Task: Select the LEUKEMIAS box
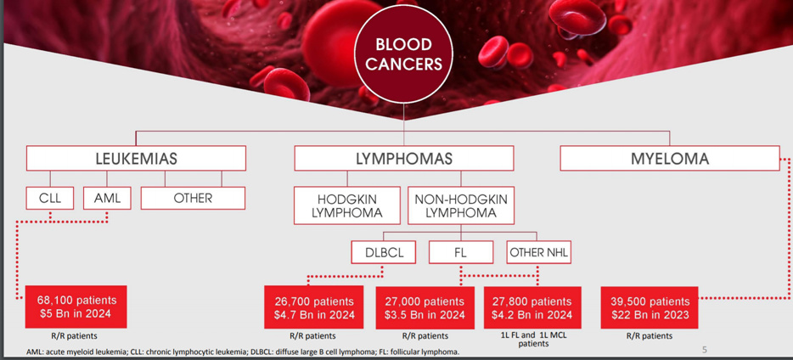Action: click(x=136, y=158)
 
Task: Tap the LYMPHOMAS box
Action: click(x=404, y=158)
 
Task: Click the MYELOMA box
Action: click(x=670, y=158)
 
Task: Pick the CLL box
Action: click(x=50, y=198)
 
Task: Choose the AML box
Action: click(x=107, y=198)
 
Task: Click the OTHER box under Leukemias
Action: click(x=193, y=198)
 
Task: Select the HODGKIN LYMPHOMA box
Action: click(x=347, y=205)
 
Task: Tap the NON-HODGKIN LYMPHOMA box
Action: click(x=461, y=205)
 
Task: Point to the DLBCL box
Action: click(x=384, y=252)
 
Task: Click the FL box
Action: click(x=461, y=252)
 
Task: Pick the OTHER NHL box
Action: click(x=538, y=252)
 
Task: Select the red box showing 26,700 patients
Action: click(x=314, y=307)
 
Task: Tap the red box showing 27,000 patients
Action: click(x=425, y=308)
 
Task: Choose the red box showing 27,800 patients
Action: click(x=532, y=307)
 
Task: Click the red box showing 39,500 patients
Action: click(x=650, y=307)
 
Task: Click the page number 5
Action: click(x=705, y=349)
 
